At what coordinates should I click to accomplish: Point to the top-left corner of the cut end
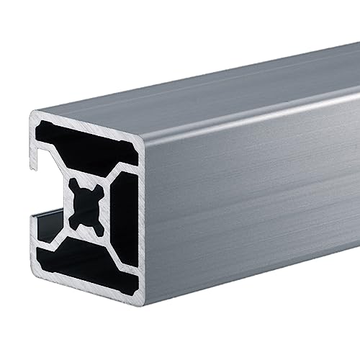[33, 114]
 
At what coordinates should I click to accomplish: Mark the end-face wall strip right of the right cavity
[140, 216]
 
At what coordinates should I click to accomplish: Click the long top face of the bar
[216, 94]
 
